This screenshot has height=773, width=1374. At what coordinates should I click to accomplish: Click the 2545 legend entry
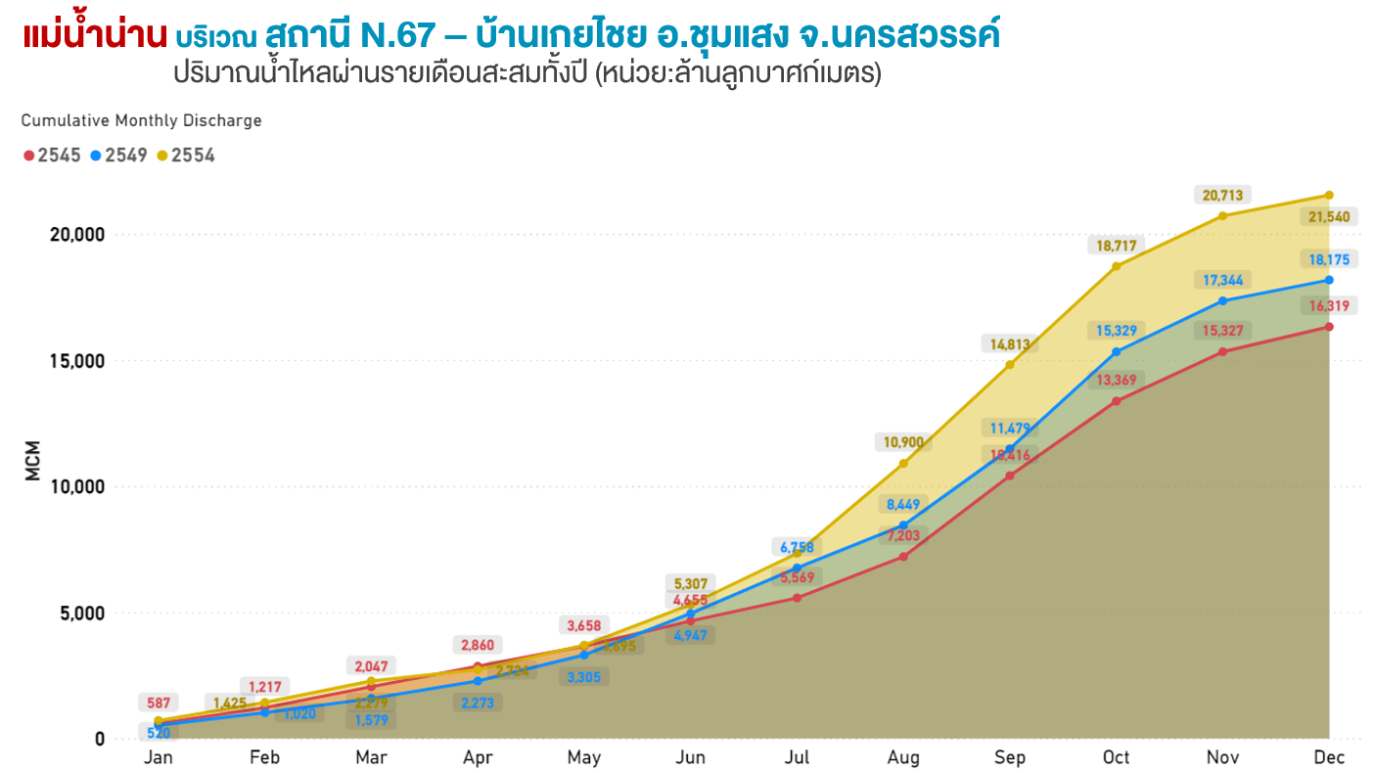click(53, 156)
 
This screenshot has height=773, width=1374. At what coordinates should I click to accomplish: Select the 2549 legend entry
click(119, 156)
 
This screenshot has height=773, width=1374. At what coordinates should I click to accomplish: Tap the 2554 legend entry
click(186, 156)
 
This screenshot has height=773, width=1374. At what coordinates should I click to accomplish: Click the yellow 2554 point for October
click(1116, 266)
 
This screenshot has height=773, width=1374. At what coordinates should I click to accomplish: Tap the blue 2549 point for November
click(1222, 300)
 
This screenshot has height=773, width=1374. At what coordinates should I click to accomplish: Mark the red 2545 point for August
click(903, 557)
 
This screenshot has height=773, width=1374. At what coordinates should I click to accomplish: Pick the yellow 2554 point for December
click(1329, 195)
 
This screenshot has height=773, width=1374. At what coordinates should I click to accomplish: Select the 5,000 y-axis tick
click(78, 614)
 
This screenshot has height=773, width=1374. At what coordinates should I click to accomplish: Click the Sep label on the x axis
click(1010, 758)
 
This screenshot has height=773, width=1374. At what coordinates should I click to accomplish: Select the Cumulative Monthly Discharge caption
click(142, 121)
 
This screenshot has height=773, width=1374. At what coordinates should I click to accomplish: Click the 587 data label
click(159, 703)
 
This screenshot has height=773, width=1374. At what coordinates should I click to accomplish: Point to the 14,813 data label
click(1010, 343)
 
